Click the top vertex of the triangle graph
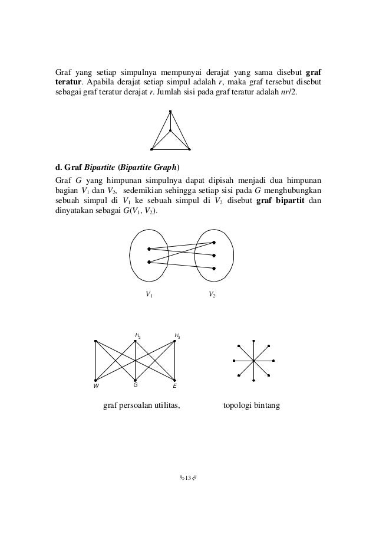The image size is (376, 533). coord(170,112)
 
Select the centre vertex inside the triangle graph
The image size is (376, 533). coord(170,130)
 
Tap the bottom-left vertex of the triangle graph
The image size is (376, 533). coord(151,148)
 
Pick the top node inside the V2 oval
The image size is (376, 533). coord(214,243)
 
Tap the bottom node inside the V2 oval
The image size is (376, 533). coord(214,269)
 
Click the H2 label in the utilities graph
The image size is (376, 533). coord(137,336)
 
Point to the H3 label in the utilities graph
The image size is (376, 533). coord(177,336)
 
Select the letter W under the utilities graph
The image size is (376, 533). coord(95,385)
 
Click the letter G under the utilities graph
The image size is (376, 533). coord(135,384)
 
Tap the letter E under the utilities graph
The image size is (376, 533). coord(174,385)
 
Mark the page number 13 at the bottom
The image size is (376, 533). coord(188,477)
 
